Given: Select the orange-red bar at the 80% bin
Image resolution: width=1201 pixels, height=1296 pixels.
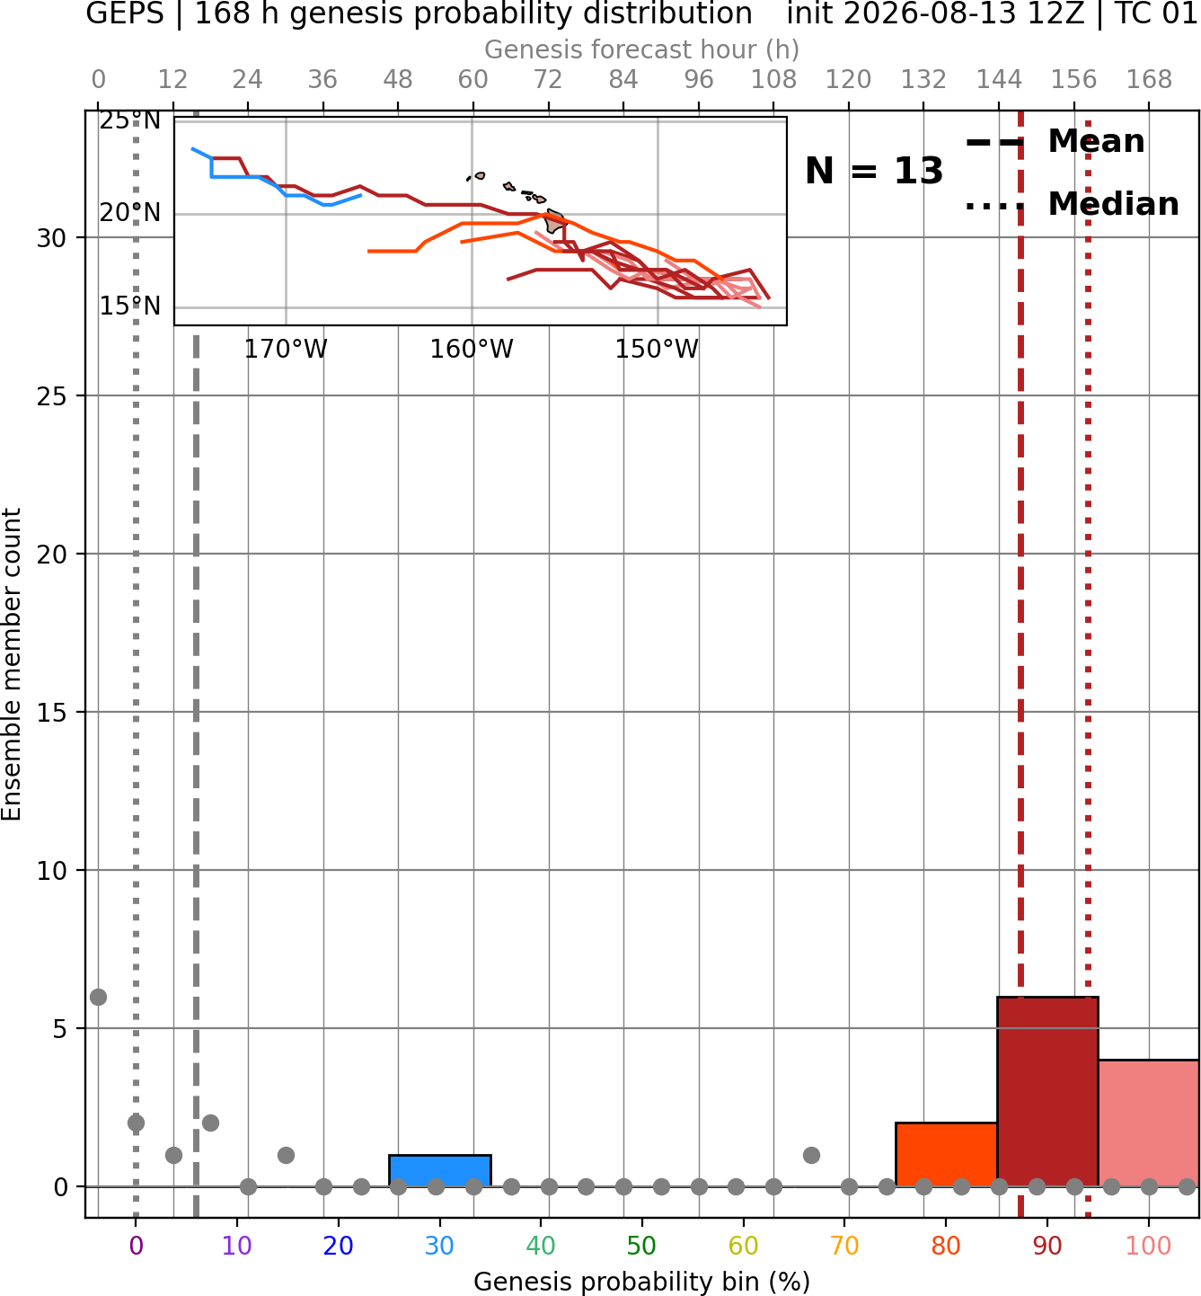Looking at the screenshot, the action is [946, 1154].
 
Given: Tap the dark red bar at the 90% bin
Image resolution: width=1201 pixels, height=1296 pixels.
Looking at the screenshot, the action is [1047, 1092].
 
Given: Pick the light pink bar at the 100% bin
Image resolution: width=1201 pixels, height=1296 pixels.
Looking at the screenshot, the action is [1149, 1123].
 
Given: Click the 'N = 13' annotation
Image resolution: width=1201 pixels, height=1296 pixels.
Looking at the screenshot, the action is [874, 171].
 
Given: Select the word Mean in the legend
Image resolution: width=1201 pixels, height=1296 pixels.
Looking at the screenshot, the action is [1096, 141].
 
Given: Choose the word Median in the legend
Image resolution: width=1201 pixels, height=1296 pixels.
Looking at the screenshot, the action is [1114, 204].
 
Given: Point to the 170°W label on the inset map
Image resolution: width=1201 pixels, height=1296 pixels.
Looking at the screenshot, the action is [286, 349].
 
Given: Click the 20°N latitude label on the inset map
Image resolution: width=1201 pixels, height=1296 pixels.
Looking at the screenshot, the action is [130, 213].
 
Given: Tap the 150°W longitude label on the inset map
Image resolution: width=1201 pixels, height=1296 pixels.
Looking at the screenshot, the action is [657, 349].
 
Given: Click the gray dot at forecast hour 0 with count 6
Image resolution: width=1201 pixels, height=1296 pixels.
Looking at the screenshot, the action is [99, 997].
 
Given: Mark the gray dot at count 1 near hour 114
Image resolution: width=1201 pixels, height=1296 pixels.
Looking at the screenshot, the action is [811, 1155].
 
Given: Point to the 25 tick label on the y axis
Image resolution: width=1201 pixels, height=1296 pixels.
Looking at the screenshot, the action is [52, 396].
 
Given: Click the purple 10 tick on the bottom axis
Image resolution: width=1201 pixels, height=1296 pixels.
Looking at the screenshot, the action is [237, 1246].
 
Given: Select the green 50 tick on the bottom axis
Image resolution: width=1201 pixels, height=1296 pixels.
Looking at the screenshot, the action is [641, 1246].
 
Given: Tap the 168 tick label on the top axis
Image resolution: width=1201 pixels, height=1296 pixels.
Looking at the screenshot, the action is [1149, 80].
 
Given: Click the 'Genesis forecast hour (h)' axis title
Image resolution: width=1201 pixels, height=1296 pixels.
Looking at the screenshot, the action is [642, 49].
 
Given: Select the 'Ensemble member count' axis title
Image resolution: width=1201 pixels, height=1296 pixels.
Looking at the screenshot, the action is [11, 664].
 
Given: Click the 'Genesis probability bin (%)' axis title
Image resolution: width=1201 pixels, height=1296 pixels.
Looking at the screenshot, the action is [642, 1282].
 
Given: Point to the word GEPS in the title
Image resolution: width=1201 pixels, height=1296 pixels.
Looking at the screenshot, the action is [125, 13].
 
